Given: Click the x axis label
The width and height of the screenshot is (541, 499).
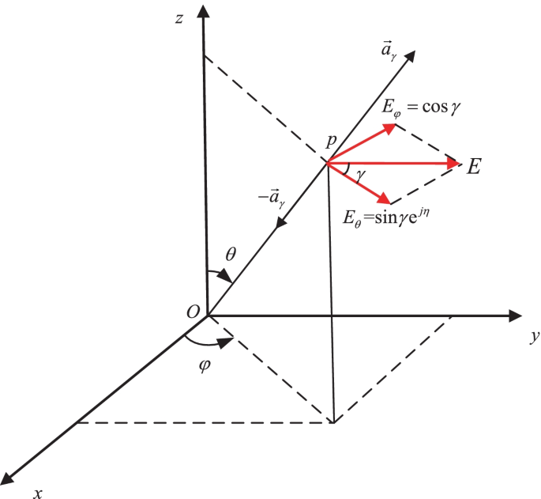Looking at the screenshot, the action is (36, 492).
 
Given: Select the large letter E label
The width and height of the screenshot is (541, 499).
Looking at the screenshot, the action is (475, 167).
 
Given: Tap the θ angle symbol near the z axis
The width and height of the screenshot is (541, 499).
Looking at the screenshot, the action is (231, 254).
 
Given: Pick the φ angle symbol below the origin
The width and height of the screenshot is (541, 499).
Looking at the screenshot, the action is (206, 367).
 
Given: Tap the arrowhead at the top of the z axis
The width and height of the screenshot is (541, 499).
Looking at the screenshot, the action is (205, 12).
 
